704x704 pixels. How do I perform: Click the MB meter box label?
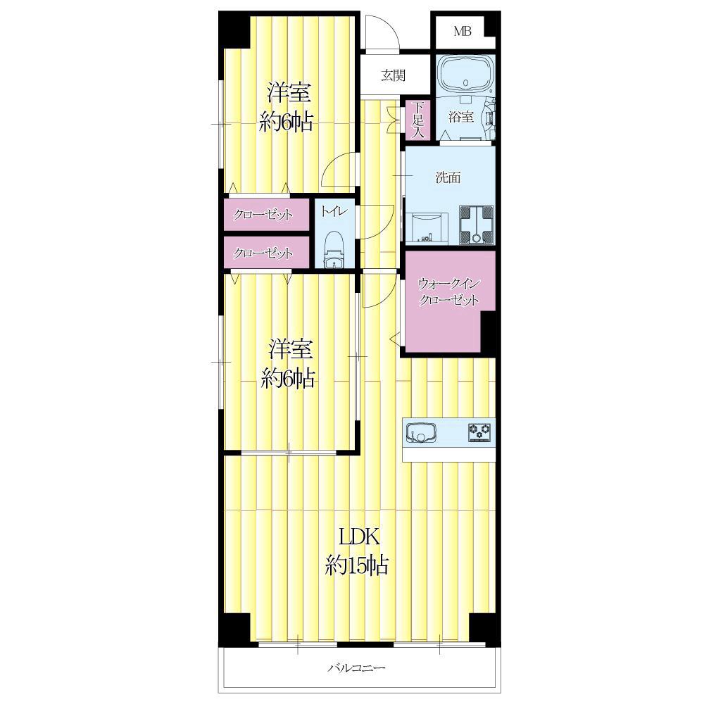coord(462,32)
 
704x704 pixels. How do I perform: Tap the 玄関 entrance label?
coord(394,75)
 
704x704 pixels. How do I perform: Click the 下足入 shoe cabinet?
coord(418,120)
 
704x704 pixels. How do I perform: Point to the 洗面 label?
coord(448,178)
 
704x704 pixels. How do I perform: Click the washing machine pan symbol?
coord(477,225)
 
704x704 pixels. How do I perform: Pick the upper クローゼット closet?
coord(266,215)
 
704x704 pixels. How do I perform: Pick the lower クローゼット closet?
coord(266,253)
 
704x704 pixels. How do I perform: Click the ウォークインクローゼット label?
coord(449,292)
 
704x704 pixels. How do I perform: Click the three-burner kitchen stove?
coord(480,432)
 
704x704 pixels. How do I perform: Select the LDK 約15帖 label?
coord(357,551)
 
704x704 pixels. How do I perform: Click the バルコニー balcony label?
coord(356,667)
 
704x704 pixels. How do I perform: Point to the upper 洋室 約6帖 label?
coord(287,106)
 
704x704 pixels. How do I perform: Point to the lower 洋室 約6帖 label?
coord(288,364)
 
